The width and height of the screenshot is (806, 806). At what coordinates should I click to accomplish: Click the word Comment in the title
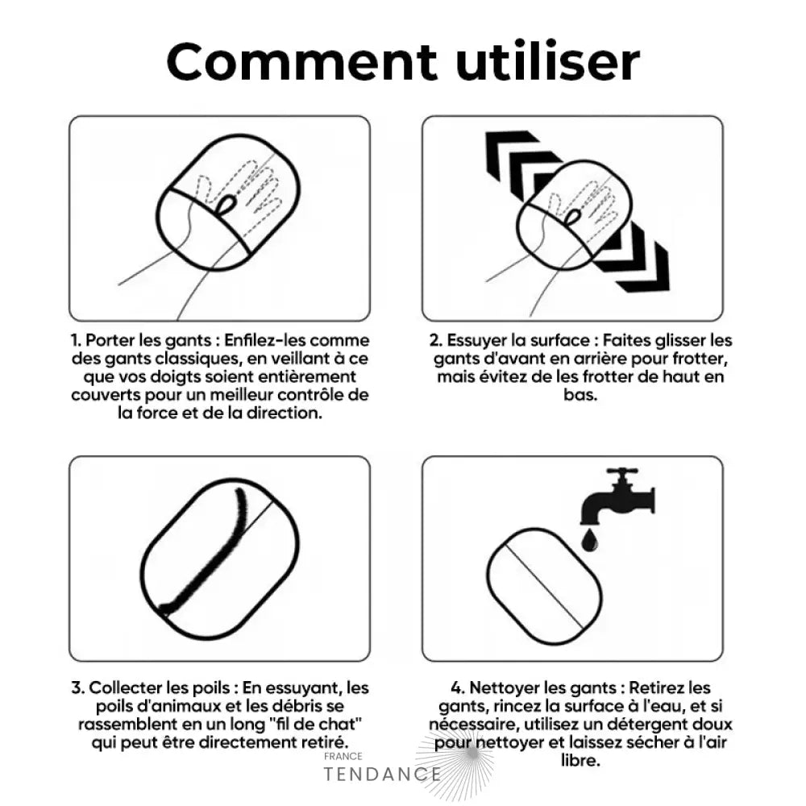pyautogui.click(x=301, y=62)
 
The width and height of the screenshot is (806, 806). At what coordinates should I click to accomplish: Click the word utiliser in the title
pyautogui.click(x=547, y=61)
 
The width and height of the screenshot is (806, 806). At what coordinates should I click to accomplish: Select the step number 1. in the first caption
pyautogui.click(x=76, y=340)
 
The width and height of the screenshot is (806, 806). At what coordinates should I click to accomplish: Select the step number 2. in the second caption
pyautogui.click(x=436, y=340)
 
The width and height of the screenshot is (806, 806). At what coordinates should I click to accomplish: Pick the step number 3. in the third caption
pyautogui.click(x=77, y=688)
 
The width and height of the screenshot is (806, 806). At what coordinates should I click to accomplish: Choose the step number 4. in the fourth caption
pyautogui.click(x=458, y=688)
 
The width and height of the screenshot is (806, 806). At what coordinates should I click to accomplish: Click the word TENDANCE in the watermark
pyautogui.click(x=382, y=774)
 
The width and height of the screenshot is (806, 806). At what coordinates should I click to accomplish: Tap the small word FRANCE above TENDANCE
pyautogui.click(x=343, y=756)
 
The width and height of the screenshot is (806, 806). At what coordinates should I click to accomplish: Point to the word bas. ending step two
pyautogui.click(x=580, y=395)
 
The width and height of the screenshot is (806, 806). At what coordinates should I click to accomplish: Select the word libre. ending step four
pyautogui.click(x=580, y=761)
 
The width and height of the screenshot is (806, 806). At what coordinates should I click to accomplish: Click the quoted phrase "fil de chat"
pyautogui.click(x=315, y=725)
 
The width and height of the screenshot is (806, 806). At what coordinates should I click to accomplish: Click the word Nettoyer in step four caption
pyautogui.click(x=504, y=688)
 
